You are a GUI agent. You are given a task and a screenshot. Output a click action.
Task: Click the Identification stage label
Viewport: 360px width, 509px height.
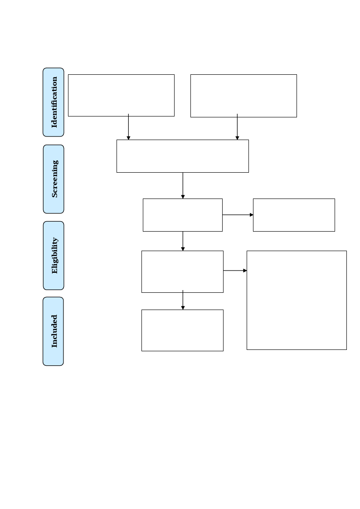tap(54, 102)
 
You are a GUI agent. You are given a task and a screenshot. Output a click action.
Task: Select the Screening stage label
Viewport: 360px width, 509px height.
tap(54, 179)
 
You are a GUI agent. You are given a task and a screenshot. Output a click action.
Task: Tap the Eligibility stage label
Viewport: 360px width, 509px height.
tap(54, 256)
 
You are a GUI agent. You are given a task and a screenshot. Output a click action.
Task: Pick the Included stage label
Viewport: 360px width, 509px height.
tap(53, 331)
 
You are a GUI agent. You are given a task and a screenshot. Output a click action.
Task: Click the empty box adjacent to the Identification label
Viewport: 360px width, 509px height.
tap(121, 75)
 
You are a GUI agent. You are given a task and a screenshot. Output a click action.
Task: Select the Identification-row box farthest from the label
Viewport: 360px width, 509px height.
tap(243, 75)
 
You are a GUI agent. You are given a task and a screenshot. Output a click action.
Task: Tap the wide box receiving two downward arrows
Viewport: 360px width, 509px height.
tap(182, 141)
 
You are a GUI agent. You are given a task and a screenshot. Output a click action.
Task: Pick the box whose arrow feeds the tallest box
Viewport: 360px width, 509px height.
tap(182, 252)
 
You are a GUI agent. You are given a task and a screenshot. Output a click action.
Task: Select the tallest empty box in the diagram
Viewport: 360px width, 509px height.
tap(297, 252)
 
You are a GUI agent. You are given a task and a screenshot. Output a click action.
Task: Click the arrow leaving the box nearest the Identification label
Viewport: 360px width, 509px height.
tap(129, 126)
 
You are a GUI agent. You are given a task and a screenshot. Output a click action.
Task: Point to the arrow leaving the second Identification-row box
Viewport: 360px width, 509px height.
tap(237, 126)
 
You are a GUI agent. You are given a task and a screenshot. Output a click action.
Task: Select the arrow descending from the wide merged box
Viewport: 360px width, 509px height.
tap(183, 185)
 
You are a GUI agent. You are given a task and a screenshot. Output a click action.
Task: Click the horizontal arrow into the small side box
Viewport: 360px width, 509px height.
tap(238, 214)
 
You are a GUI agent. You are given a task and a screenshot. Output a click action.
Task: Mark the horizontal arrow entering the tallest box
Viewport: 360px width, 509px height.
tap(235, 271)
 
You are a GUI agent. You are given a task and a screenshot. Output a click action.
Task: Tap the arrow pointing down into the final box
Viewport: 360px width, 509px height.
tap(183, 300)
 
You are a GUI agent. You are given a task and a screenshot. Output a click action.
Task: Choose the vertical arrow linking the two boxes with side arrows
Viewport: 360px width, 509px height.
tap(183, 241)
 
